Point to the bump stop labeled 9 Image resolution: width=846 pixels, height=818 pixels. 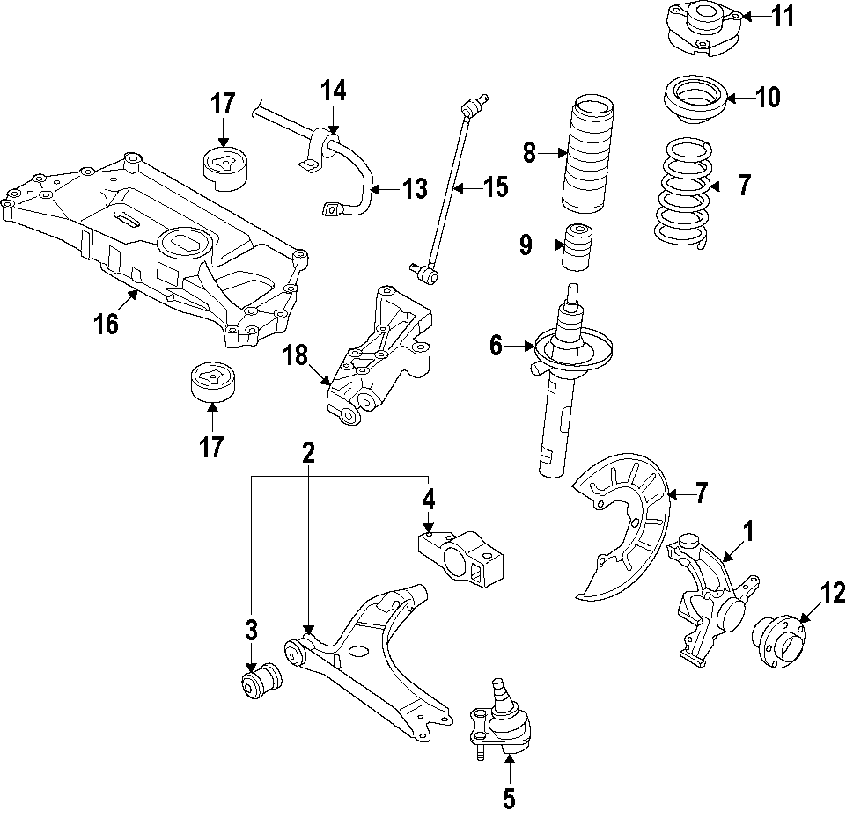[x=577, y=250]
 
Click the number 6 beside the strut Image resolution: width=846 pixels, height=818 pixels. [x=496, y=346]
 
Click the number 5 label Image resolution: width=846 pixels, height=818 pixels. [x=509, y=798]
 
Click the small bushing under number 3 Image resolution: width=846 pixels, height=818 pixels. [x=261, y=682]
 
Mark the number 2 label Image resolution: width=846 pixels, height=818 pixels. [x=308, y=453]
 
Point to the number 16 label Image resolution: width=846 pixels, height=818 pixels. [x=106, y=324]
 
